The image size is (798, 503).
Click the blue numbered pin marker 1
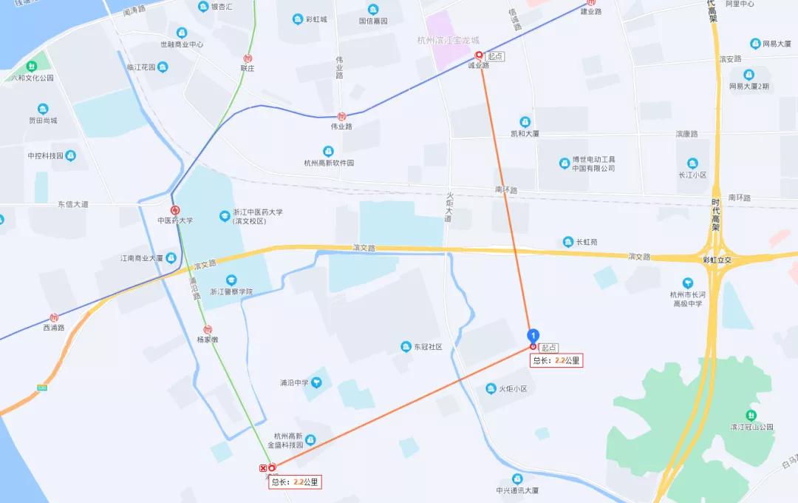tap(533, 337)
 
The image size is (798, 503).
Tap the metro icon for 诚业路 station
tap(479, 55)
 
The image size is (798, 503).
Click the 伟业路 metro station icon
tap(341, 116)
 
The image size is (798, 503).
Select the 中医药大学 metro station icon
tap(175, 210)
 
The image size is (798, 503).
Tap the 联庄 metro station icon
tap(248, 58)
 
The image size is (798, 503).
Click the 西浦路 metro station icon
tap(54, 317)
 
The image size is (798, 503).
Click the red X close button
tap(263, 467)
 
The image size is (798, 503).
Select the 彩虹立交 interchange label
tap(717, 260)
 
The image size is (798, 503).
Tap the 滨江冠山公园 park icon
tap(751, 415)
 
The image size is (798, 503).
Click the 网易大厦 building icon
tap(755, 44)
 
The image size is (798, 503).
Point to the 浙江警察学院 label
tap(231, 291)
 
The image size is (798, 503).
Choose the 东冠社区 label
tap(427, 347)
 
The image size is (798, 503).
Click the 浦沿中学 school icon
tap(316, 382)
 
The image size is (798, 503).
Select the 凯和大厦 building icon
tap(525, 122)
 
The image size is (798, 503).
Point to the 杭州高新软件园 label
tap(330, 163)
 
